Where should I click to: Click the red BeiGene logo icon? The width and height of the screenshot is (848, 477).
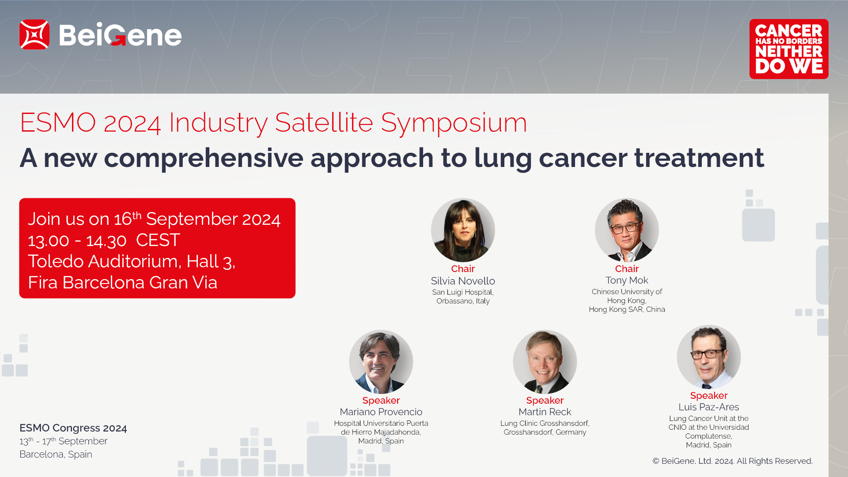pyautogui.click(x=34, y=34)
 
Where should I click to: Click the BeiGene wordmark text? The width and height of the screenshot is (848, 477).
pyautogui.click(x=120, y=35)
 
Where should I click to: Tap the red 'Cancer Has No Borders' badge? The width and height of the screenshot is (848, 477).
pyautogui.click(x=789, y=49)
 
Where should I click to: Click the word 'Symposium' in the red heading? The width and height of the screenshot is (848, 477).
pyautogui.click(x=454, y=123)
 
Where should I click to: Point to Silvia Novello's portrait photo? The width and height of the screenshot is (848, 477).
pyautogui.click(x=463, y=230)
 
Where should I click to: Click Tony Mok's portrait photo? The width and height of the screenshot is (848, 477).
pyautogui.click(x=627, y=230)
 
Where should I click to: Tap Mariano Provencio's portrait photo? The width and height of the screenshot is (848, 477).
pyautogui.click(x=381, y=362)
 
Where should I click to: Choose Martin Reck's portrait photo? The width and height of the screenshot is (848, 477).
pyautogui.click(x=545, y=362)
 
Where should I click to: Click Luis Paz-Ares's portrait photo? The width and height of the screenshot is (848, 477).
pyautogui.click(x=709, y=357)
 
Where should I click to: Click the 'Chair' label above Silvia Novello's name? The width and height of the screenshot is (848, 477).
pyautogui.click(x=463, y=269)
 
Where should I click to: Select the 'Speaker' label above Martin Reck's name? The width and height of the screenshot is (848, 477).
pyautogui.click(x=545, y=401)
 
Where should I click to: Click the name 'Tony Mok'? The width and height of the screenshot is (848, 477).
pyautogui.click(x=627, y=280)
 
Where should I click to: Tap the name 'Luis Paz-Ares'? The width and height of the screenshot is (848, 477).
pyautogui.click(x=709, y=407)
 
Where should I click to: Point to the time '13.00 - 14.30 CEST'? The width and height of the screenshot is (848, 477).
pyautogui.click(x=104, y=240)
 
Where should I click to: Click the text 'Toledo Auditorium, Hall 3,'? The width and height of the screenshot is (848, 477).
pyautogui.click(x=132, y=261)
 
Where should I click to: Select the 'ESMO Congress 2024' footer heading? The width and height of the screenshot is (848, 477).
pyautogui.click(x=73, y=428)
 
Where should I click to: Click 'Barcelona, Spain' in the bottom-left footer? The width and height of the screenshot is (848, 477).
pyautogui.click(x=56, y=454)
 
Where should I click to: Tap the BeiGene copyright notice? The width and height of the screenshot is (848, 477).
pyautogui.click(x=733, y=461)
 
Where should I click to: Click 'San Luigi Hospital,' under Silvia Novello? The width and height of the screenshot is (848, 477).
pyautogui.click(x=463, y=292)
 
